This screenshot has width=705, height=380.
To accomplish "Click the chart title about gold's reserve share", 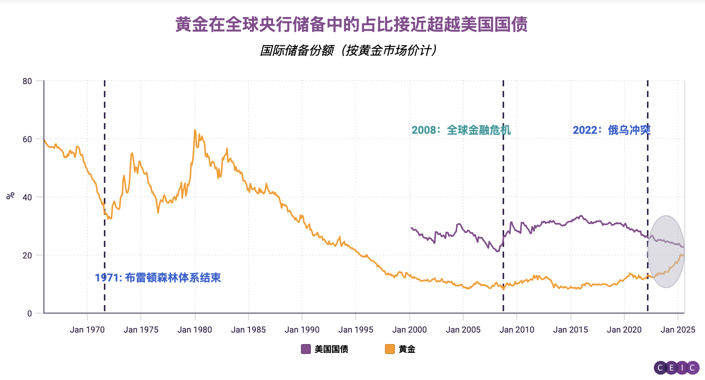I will (x=351, y=24).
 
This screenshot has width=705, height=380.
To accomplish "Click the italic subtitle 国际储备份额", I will (x=348, y=50).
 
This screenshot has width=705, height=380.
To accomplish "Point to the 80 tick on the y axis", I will (x=27, y=81).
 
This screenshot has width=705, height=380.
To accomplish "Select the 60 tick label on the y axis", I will (x=27, y=139).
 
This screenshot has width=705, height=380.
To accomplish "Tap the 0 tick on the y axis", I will (x=29, y=313).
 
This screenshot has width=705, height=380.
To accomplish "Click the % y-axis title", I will (x=10, y=196).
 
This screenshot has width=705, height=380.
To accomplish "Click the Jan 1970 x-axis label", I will (x=87, y=330).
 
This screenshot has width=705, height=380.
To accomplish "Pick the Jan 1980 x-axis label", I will (x=194, y=330).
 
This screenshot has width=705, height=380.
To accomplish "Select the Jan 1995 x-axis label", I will (x=356, y=330).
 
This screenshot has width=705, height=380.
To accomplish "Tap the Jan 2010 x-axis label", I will (x=517, y=330).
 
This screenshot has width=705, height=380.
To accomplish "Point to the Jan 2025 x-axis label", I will (x=678, y=330).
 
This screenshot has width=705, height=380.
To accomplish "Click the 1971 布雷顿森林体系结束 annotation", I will (x=158, y=278).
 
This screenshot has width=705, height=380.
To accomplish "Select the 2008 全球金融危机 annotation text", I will (x=461, y=130).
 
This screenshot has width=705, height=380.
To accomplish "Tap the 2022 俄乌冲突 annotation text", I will (x=611, y=130).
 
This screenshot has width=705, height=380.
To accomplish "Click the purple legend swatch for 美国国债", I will (x=306, y=349).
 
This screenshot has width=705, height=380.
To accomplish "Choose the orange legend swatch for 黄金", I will (x=390, y=349).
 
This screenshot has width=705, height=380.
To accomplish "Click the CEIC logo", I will (x=676, y=368).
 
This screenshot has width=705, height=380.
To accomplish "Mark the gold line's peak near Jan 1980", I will (x=195, y=130).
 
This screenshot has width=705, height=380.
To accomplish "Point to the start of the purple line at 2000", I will (x=411, y=228).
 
